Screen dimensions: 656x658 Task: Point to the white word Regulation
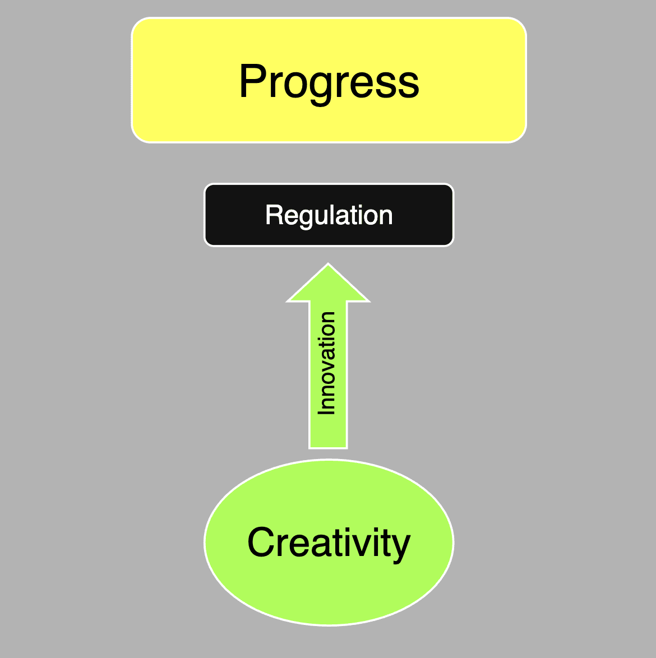(329, 215)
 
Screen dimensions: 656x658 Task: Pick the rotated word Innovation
(327, 363)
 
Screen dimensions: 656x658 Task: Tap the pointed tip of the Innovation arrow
(329, 267)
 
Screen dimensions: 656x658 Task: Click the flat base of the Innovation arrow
(329, 446)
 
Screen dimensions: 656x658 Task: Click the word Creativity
(329, 543)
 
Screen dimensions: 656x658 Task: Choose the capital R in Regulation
(273, 215)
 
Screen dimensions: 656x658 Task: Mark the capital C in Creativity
(261, 543)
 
